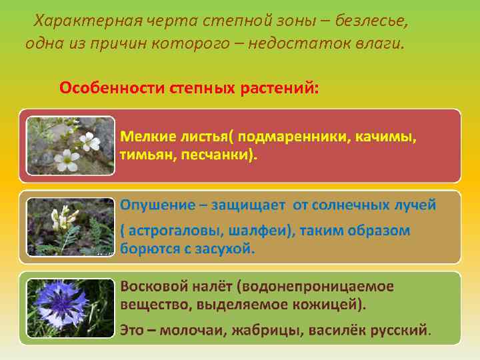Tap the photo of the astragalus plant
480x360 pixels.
pyautogui.click(x=69, y=227)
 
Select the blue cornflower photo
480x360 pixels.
pyautogui.click(x=69, y=307)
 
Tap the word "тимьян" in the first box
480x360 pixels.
pyautogui.click(x=143, y=155)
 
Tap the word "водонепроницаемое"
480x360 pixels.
pyautogui.click(x=321, y=286)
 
